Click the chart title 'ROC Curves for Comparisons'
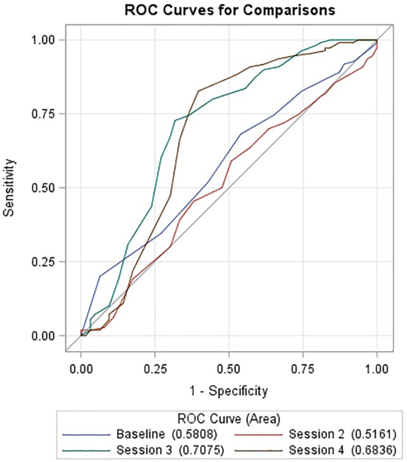(x=230, y=10)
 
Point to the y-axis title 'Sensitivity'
(x=9, y=188)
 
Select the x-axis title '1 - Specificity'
(x=229, y=391)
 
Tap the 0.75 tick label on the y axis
(x=44, y=114)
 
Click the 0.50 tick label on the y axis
(x=44, y=188)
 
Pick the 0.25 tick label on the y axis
(x=44, y=262)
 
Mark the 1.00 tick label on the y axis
(x=44, y=40)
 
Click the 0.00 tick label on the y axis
(x=44, y=336)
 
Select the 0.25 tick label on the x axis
(x=155, y=369)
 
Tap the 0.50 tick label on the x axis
(x=229, y=369)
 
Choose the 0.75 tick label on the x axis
(x=303, y=369)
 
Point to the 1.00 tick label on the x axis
(x=377, y=369)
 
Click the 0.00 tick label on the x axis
(x=81, y=369)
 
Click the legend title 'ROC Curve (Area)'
(x=229, y=419)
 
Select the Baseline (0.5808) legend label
(x=167, y=434)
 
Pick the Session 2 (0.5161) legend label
(x=343, y=434)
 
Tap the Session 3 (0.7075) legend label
(x=170, y=450)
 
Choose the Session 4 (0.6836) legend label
(x=343, y=450)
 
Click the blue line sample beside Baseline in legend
(x=86, y=435)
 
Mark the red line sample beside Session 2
(x=258, y=435)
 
